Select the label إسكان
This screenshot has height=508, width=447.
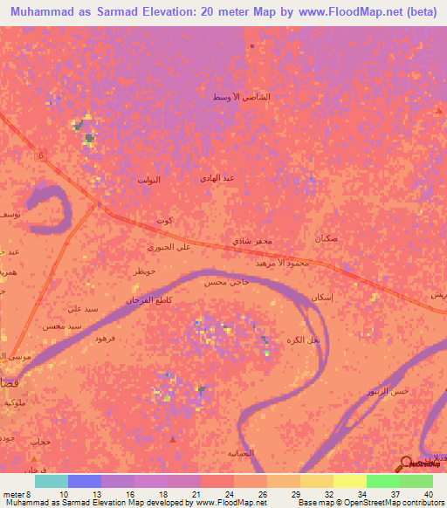click(321, 298)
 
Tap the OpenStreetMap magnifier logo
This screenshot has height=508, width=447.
click(406, 464)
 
